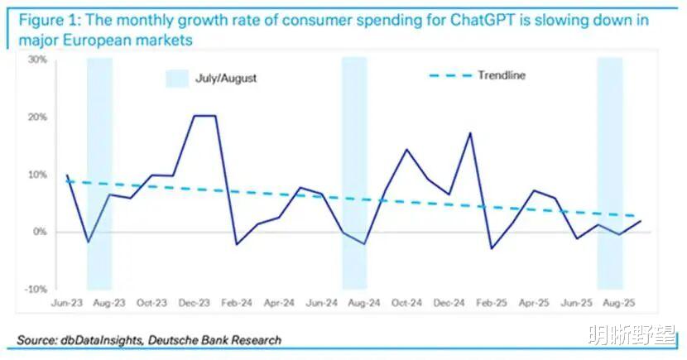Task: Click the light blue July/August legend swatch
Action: tap(178, 79)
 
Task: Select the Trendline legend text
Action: tap(501, 76)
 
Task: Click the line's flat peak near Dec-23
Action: tap(204, 116)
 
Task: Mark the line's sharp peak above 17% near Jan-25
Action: tap(470, 132)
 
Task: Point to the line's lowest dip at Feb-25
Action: tap(491, 248)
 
